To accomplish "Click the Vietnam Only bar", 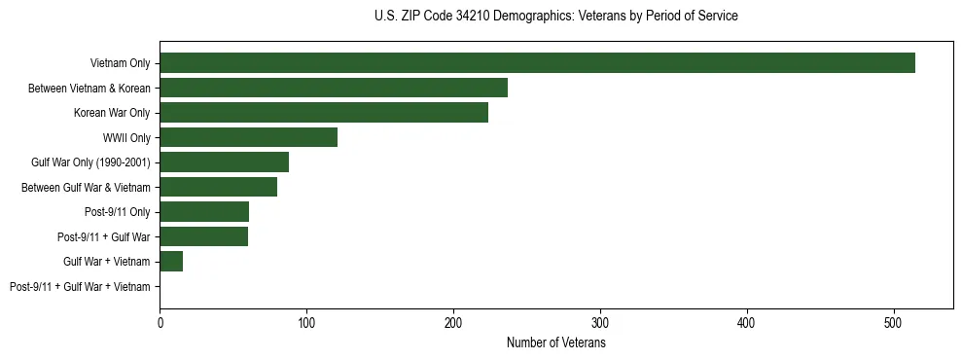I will [537, 63].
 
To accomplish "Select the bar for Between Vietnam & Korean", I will [334, 88].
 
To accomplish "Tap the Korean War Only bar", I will [324, 113].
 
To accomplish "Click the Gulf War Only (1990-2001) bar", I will [224, 162].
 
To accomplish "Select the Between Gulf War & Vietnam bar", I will [218, 187].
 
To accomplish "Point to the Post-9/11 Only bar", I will [204, 212].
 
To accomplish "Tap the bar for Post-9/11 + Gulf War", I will [203, 236].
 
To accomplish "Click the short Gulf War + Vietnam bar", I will [171, 261].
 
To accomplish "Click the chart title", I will [555, 17].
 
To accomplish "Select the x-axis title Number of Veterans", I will [555, 342].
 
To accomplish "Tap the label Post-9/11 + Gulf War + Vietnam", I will [80, 286].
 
